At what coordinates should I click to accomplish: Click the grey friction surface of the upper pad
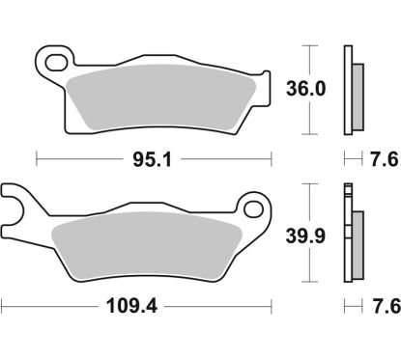164,101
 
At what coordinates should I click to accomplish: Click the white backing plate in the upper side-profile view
347,92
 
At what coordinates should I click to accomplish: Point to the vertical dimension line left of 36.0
309,89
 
